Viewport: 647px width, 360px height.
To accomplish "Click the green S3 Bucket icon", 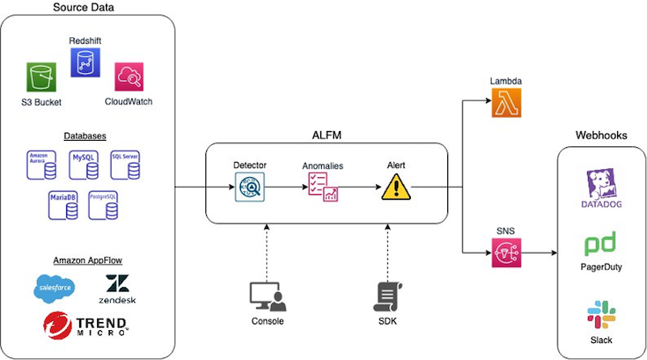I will [x=40, y=79].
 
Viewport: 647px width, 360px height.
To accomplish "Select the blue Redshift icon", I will [x=85, y=62].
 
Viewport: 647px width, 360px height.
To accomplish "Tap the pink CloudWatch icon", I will [x=129, y=78].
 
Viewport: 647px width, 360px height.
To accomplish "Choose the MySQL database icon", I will [x=85, y=164].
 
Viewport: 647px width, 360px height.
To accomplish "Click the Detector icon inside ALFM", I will [x=249, y=189].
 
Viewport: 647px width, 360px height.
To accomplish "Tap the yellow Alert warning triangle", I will [x=396, y=188].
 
